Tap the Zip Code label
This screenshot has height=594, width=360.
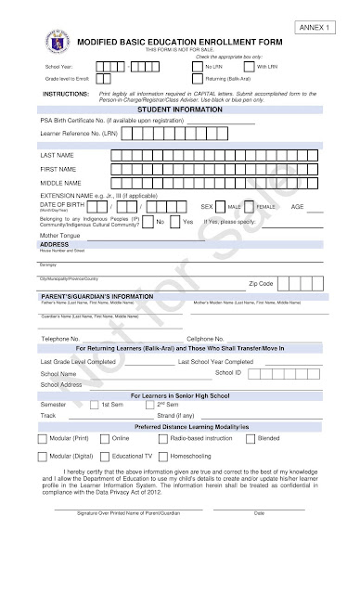point(261,283)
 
